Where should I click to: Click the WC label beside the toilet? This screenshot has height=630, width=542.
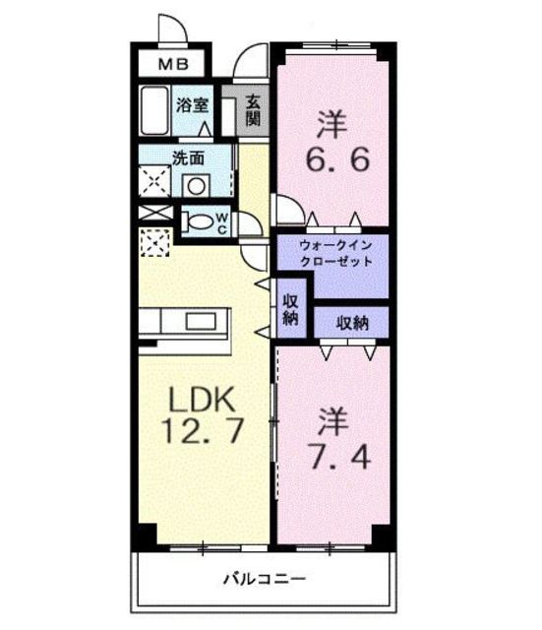[222, 222]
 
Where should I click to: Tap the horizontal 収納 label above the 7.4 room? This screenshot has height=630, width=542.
[351, 322]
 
